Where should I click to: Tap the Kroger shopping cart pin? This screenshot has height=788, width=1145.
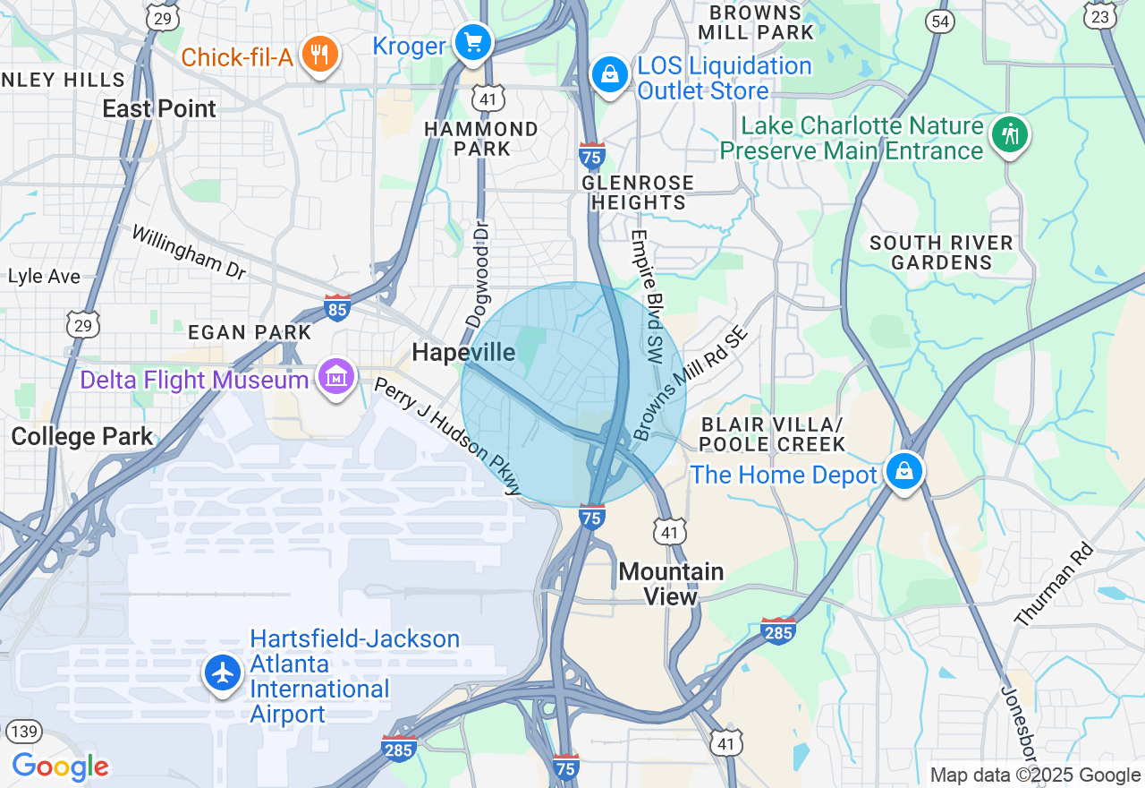click(x=472, y=42)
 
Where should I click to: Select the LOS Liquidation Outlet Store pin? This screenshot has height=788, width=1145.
click(x=609, y=75)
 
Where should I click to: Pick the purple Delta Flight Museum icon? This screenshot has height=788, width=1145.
click(x=336, y=378)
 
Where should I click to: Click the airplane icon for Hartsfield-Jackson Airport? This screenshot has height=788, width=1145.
click(x=223, y=672)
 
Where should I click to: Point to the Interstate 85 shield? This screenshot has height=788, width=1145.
click(x=337, y=307)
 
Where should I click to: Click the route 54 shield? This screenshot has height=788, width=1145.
click(x=940, y=21)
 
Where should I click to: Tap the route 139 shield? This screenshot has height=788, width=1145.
click(x=26, y=732)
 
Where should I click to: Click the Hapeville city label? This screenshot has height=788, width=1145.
click(x=463, y=353)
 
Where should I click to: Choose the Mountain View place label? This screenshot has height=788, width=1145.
click(x=671, y=583)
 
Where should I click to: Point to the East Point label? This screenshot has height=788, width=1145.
click(x=159, y=109)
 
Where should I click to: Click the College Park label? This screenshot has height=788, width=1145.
click(x=82, y=437)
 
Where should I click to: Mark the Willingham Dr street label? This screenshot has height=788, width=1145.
click(x=188, y=252)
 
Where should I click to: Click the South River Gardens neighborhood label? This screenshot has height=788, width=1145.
click(x=941, y=253)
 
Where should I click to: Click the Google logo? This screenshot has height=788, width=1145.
click(x=60, y=767)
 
